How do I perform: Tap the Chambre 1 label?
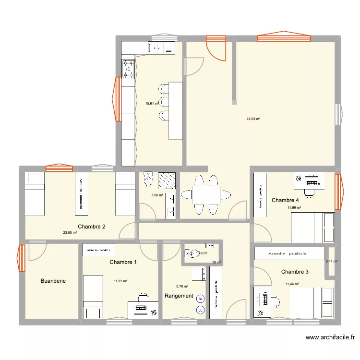123,262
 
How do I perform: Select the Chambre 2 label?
92,227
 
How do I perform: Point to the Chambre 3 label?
295,272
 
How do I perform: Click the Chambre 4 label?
285,200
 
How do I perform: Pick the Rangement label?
179,296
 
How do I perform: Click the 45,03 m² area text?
253,119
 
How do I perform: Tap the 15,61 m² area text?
152,103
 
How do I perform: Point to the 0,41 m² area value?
332,262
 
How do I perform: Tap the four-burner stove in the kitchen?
128,68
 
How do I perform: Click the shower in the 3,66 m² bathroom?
168,181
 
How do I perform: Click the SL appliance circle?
200,299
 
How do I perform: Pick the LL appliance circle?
200,310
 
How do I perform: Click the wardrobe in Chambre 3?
289,253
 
